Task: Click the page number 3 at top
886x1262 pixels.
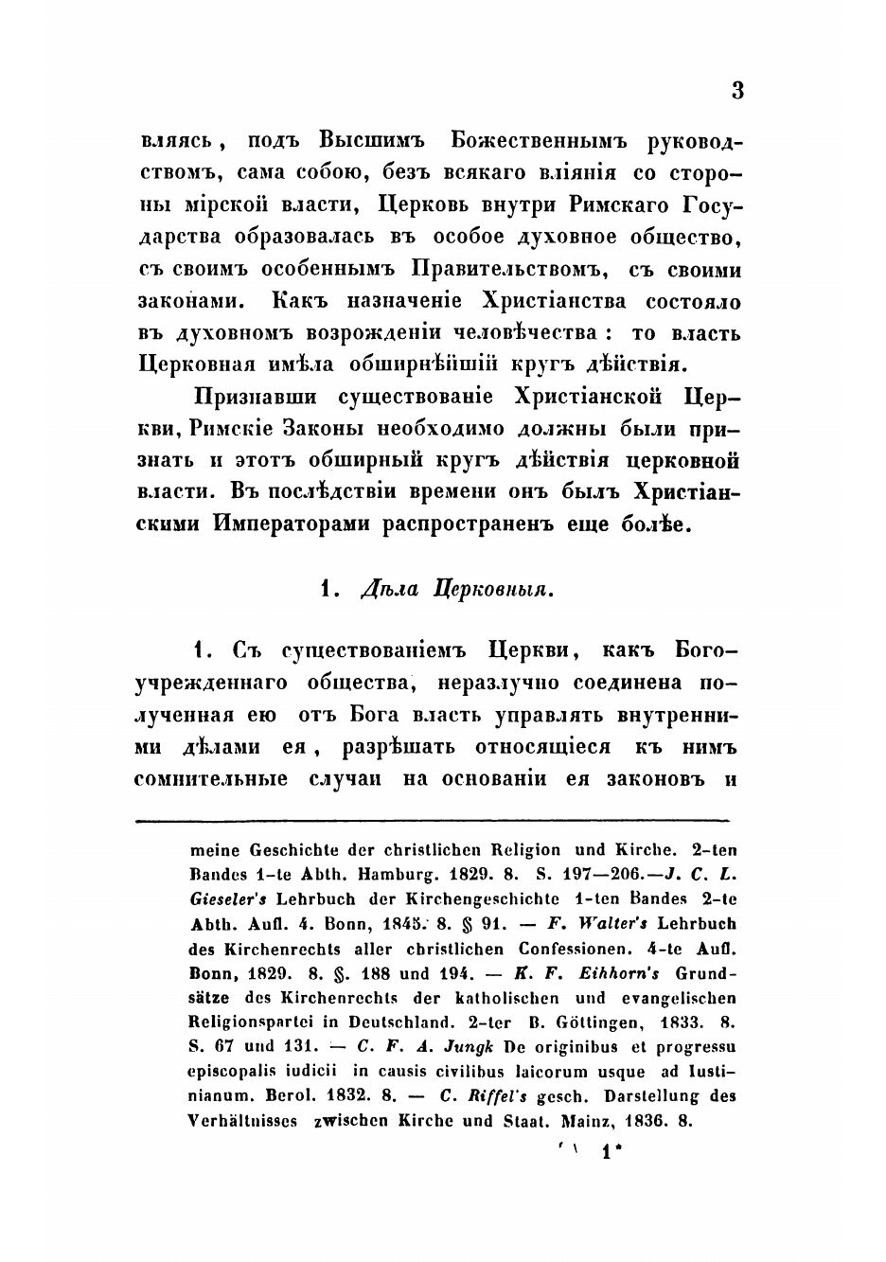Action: point(738,91)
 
